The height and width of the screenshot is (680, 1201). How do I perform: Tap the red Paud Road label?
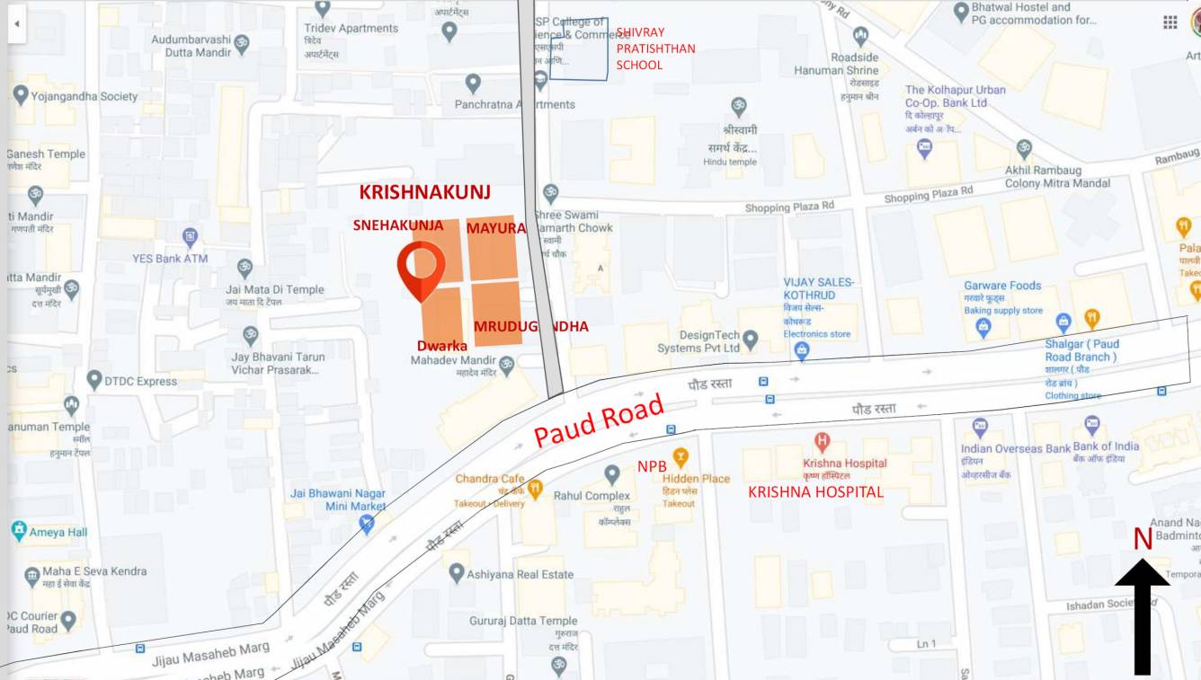tap(599, 422)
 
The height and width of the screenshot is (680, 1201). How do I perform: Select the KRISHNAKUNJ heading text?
tap(425, 193)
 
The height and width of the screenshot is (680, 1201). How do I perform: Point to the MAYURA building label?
tap(495, 228)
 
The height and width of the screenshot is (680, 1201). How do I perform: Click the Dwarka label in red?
tap(442, 345)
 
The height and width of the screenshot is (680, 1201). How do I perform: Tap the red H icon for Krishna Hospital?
tap(821, 441)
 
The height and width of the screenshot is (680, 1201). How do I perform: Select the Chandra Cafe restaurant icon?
tap(536, 490)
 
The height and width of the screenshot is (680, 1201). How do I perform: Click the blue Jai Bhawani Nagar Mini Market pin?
tap(366, 524)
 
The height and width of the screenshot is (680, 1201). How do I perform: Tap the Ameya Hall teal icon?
tap(18, 531)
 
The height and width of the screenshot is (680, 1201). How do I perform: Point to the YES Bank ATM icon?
tap(190, 237)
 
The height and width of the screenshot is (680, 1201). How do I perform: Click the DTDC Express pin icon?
tap(94, 380)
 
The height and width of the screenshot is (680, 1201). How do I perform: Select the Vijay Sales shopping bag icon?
tap(802, 351)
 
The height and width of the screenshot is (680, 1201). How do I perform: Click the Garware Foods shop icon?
tap(983, 328)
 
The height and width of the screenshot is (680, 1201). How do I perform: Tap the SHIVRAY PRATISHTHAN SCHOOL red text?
tap(655, 49)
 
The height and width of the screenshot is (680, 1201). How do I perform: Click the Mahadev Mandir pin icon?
tap(507, 366)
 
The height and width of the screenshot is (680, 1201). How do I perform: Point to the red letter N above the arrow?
tap(1142, 539)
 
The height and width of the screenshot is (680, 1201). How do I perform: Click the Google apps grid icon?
tap(1170, 22)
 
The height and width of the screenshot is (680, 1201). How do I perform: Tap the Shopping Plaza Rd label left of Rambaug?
tap(928, 194)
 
